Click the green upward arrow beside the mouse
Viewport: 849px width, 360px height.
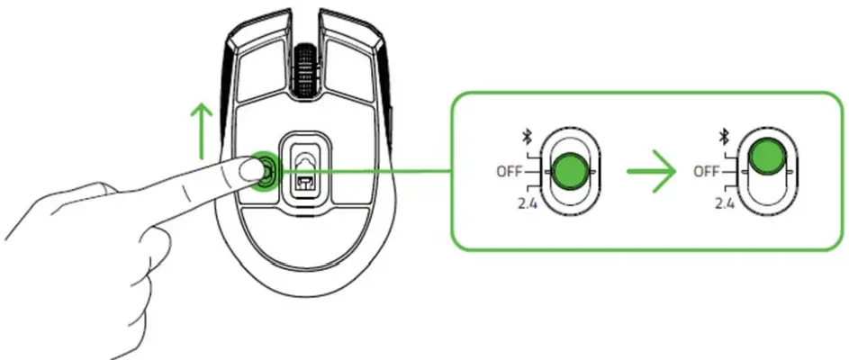coord(200,131)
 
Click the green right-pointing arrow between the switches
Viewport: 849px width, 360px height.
coord(651,171)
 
